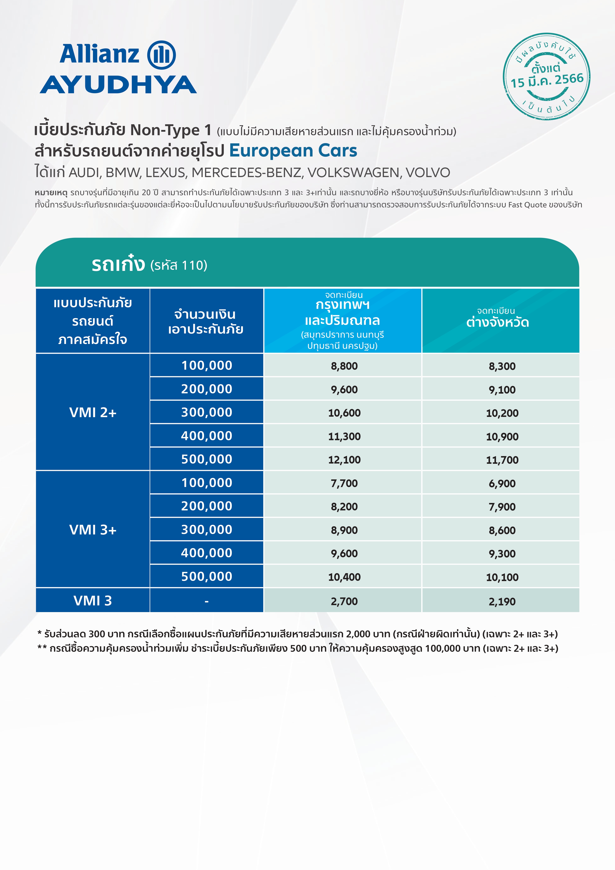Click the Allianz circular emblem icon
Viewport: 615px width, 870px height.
point(161,55)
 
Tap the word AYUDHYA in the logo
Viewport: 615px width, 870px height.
point(118,85)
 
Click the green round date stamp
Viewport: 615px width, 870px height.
point(546,77)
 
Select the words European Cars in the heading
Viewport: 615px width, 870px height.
point(293,151)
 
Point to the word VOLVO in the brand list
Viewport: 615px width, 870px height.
point(428,173)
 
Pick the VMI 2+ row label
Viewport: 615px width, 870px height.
point(93,412)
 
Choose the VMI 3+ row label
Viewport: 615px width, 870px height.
point(93,529)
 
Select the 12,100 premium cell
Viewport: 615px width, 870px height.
point(344,460)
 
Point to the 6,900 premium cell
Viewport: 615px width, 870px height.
point(502,483)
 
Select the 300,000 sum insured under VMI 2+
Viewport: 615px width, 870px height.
point(206,412)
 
